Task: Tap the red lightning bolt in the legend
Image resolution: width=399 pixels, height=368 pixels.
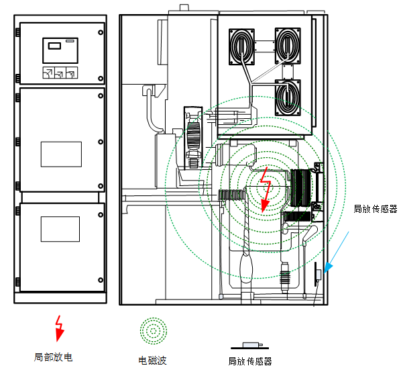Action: coord(60,328)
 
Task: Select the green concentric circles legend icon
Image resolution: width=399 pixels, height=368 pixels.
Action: coord(154,331)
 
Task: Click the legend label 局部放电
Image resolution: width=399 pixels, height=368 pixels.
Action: coord(54,357)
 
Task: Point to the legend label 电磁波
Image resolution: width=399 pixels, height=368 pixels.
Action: coord(152,361)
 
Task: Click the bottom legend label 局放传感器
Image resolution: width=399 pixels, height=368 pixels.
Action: coord(250,361)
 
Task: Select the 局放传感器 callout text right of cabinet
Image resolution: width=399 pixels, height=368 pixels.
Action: coord(376,209)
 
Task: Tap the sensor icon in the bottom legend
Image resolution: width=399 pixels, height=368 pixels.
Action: coord(250,346)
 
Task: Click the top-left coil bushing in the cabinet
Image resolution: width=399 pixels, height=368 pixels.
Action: coord(241,46)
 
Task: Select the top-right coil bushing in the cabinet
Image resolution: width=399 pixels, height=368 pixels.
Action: coord(288,46)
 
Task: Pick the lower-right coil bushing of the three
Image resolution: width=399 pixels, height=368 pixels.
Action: coord(288,97)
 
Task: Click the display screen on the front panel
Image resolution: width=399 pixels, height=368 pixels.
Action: coord(60,50)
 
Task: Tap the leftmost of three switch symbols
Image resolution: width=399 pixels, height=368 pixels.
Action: coord(48,73)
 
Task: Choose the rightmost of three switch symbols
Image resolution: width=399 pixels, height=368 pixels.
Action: coord(72,73)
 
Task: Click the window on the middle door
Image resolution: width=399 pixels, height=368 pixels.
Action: coord(61,154)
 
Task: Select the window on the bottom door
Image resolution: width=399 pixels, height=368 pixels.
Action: coord(60,229)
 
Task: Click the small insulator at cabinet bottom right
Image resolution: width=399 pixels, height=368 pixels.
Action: coord(285,277)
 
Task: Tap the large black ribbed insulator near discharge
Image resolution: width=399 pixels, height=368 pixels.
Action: coord(301,188)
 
